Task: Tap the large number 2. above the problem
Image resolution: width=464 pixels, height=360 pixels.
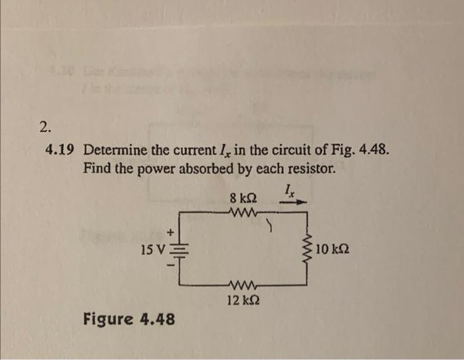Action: (x=44, y=127)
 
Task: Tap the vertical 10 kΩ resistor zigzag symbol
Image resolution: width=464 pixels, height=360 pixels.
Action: (x=307, y=249)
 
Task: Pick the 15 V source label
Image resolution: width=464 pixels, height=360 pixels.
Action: (x=153, y=251)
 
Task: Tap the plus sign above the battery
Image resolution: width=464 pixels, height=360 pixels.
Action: (x=170, y=233)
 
